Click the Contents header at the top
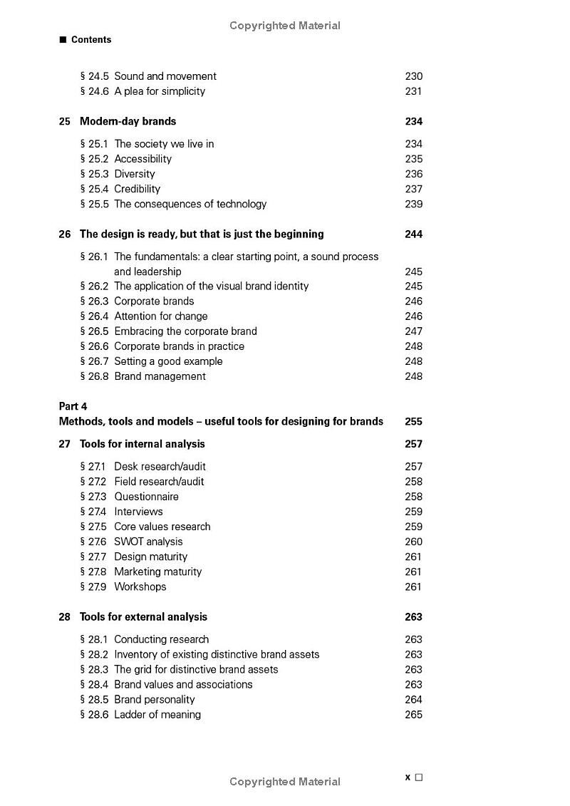tap(90, 40)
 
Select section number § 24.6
tap(94, 91)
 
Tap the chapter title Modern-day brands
tap(128, 121)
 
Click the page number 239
tap(413, 204)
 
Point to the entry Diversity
tap(134, 174)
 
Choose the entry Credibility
tap(137, 189)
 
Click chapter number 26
tap(65, 234)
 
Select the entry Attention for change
tap(160, 316)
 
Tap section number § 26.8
tap(94, 376)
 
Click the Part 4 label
tap(73, 406)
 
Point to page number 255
tap(413, 421)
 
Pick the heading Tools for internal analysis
tap(142, 444)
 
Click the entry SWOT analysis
tap(148, 542)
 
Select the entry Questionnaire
tap(146, 497)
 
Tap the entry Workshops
tap(140, 587)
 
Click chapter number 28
tap(65, 617)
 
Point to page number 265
tap(413, 715)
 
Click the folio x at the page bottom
tap(408, 777)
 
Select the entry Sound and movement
tap(165, 76)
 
